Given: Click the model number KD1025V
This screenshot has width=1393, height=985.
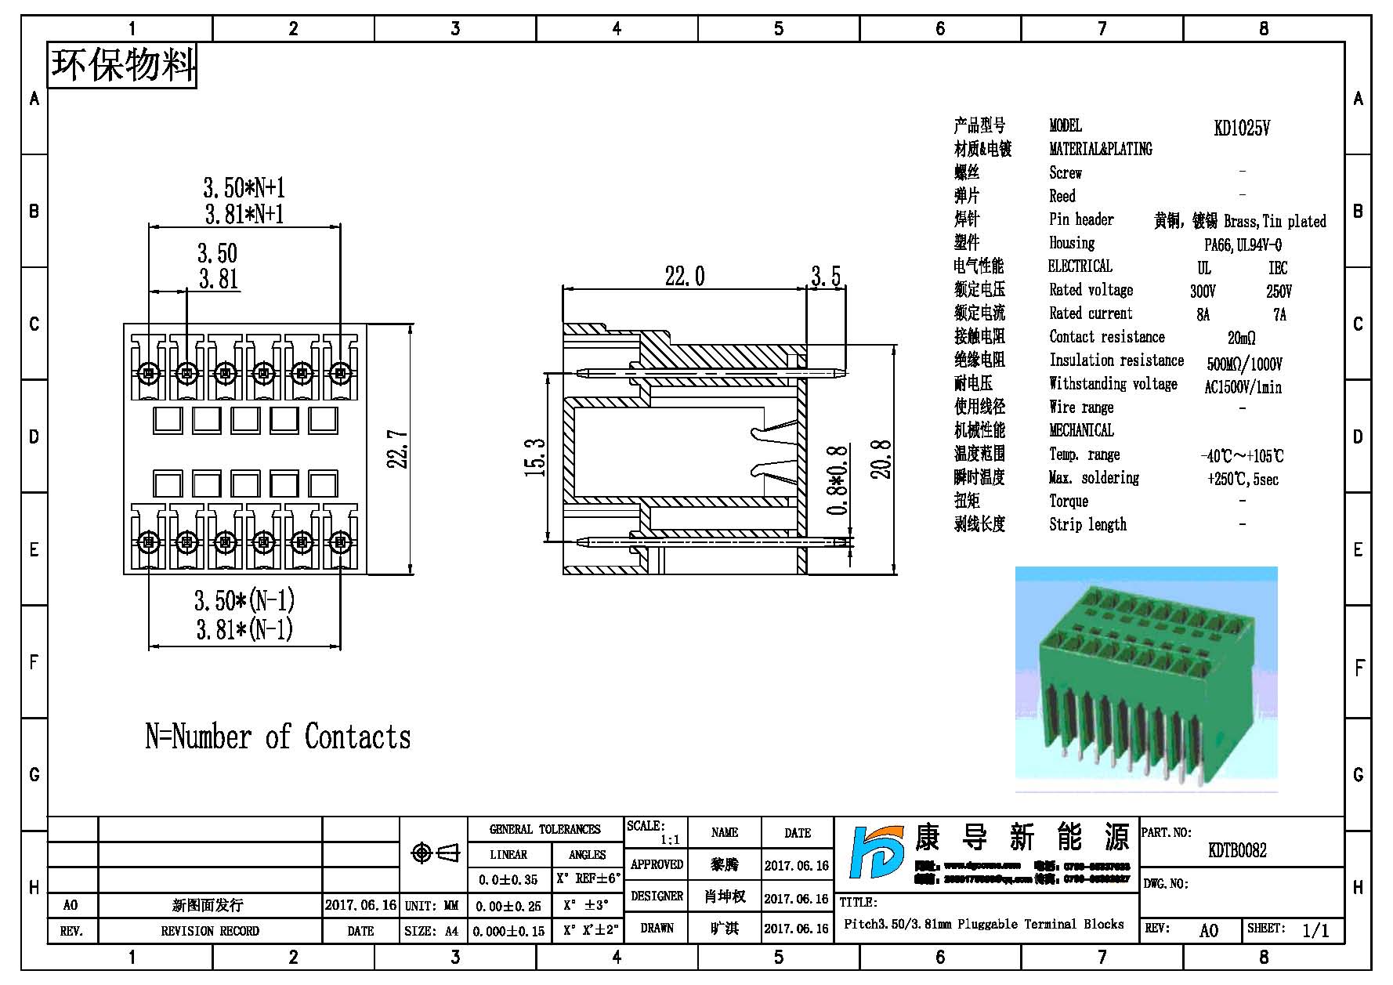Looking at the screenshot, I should tap(1242, 129).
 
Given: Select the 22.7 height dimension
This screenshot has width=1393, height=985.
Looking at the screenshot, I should tap(399, 449).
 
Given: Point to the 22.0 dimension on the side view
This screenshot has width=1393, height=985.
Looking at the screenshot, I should tap(685, 276).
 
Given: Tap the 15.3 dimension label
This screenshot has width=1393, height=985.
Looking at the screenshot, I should tap(535, 458).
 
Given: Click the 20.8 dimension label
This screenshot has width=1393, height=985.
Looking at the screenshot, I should tap(882, 458).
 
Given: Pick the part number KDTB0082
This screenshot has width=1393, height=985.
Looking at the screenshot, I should tap(1237, 850).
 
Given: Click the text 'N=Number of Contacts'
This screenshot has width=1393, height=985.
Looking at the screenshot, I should tap(278, 737).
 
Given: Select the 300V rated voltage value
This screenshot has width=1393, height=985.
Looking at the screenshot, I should tap(1203, 292).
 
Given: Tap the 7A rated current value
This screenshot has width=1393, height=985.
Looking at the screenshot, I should tap(1279, 315).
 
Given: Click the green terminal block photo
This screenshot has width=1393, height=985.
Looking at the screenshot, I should tap(1146, 679).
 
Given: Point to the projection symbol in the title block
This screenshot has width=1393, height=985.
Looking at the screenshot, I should tap(436, 853).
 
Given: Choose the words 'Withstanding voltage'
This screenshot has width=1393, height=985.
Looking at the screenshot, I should tap(1113, 384).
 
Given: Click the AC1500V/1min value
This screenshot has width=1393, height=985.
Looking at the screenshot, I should tap(1243, 387).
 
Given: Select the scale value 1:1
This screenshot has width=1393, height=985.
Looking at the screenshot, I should tap(670, 840).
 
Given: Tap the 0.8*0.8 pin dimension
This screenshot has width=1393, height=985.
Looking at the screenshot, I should tap(838, 480).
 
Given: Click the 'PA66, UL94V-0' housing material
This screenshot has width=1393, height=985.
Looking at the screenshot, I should tap(1243, 245).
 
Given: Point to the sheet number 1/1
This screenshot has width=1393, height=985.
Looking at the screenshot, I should tap(1315, 931).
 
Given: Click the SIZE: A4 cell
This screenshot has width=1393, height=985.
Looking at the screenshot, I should tap(432, 931).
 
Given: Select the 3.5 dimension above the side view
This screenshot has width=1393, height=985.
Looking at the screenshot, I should tap(826, 276).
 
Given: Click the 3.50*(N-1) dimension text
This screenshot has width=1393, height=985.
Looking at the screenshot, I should tap(244, 601).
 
